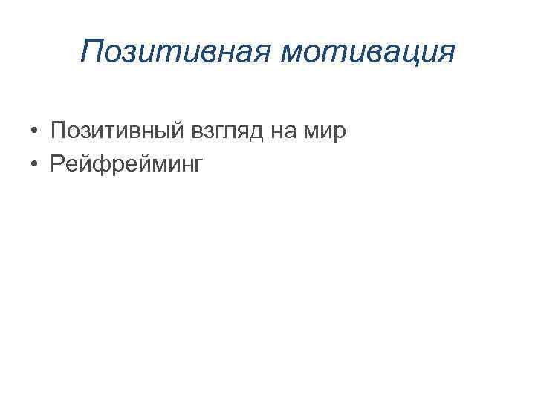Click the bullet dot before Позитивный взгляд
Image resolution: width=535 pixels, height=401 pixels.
pyautogui.click(x=35, y=133)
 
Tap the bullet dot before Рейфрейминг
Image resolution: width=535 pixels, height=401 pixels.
pyautogui.click(x=35, y=163)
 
